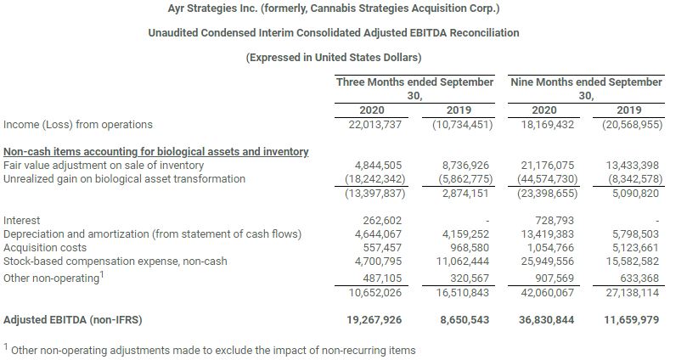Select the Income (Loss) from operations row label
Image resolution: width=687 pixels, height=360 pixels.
point(78,125)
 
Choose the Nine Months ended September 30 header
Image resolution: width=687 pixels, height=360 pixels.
point(587,89)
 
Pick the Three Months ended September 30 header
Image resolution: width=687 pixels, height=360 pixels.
point(414,89)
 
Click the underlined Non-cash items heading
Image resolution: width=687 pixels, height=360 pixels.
point(155,151)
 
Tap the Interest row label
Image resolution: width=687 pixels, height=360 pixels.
point(22,220)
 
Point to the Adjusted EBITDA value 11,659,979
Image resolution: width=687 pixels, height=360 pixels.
point(628,321)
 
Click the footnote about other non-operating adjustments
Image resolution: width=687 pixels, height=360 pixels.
point(210,351)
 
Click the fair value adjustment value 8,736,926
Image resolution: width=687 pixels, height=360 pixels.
point(458,166)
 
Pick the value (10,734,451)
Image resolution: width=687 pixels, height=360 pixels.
point(454,125)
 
